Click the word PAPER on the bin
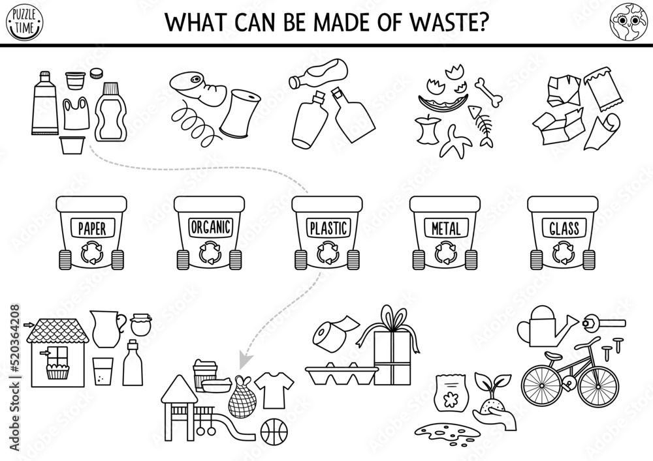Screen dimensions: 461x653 pyautogui.click(x=91, y=229)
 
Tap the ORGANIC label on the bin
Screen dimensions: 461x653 pyautogui.click(x=210, y=227)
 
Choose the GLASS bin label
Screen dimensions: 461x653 pyautogui.click(x=564, y=228)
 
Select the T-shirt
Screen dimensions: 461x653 pyautogui.click(x=268, y=389)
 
